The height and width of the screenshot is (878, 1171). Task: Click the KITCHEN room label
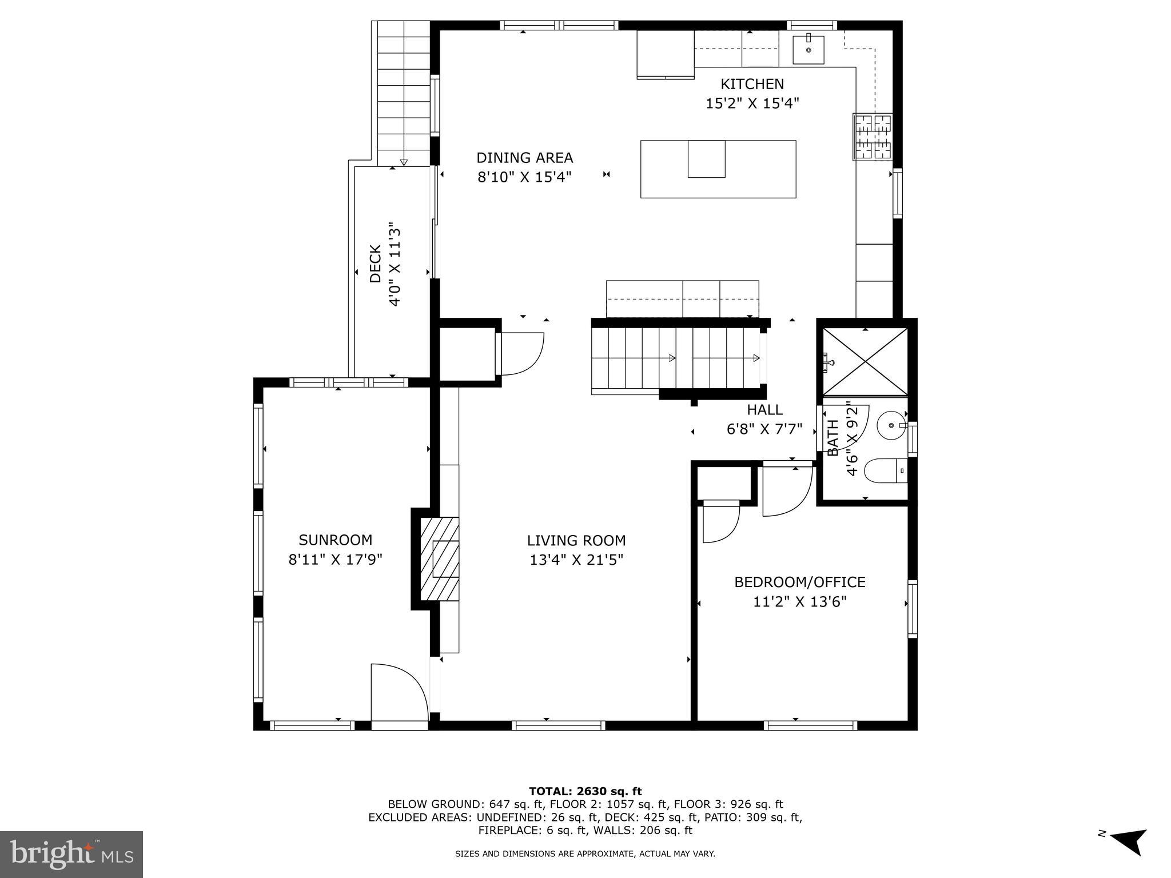751,84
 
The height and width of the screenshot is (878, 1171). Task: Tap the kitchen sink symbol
808,50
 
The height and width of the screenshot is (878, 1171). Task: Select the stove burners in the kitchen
872,137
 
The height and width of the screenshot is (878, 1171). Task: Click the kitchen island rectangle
718,169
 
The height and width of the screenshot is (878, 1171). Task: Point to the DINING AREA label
524,158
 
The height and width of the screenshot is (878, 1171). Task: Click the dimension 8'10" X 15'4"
524,177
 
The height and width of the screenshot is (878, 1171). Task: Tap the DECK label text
376,264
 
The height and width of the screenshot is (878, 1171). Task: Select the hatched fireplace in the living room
439,558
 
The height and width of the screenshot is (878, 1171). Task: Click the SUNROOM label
335,540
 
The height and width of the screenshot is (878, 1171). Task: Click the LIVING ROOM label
576,541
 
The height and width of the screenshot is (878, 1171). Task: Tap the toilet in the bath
885,472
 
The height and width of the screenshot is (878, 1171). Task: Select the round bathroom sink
891,425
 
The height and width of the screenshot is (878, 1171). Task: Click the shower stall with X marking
865,361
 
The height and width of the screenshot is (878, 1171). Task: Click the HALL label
764,410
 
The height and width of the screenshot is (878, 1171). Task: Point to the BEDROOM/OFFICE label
799,582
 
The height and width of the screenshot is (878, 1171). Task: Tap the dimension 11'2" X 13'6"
799,602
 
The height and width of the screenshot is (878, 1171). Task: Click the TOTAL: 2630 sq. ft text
585,791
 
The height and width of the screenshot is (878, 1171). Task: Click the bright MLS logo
71,854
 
